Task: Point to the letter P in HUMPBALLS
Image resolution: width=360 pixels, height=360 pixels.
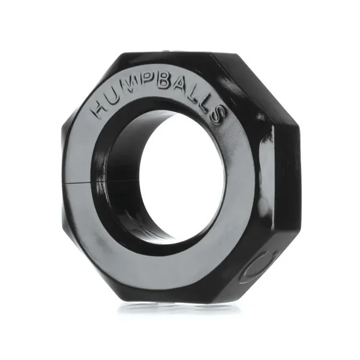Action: point(154,88)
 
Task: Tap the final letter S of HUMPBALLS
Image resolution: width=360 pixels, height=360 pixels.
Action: point(218,113)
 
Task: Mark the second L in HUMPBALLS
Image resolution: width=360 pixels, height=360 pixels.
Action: point(207,105)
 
